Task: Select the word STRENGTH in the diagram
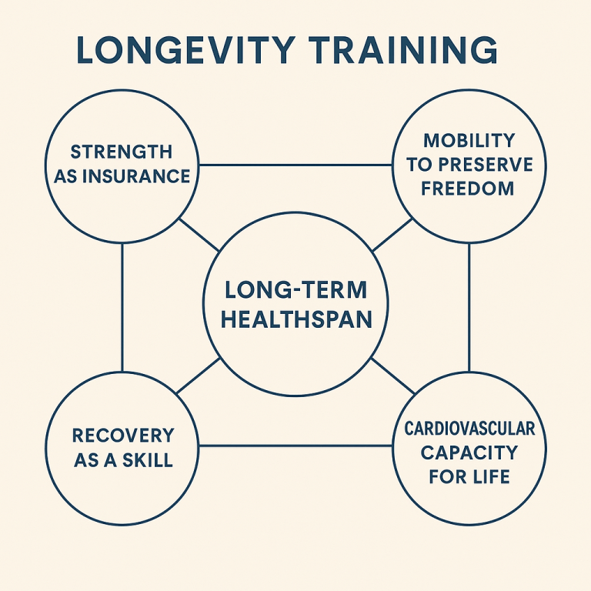[122, 152]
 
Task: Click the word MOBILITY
[469, 141]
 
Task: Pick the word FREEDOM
[468, 189]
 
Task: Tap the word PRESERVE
[486, 165]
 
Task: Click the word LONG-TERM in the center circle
[295, 291]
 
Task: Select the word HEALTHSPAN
[295, 318]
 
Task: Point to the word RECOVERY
[123, 436]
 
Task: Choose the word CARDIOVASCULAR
[469, 428]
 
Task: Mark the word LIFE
[489, 476]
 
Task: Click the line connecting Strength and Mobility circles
[295, 165]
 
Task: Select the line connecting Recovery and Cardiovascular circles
[295, 446]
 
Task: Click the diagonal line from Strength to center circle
[199, 235]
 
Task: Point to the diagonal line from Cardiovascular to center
[393, 376]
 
